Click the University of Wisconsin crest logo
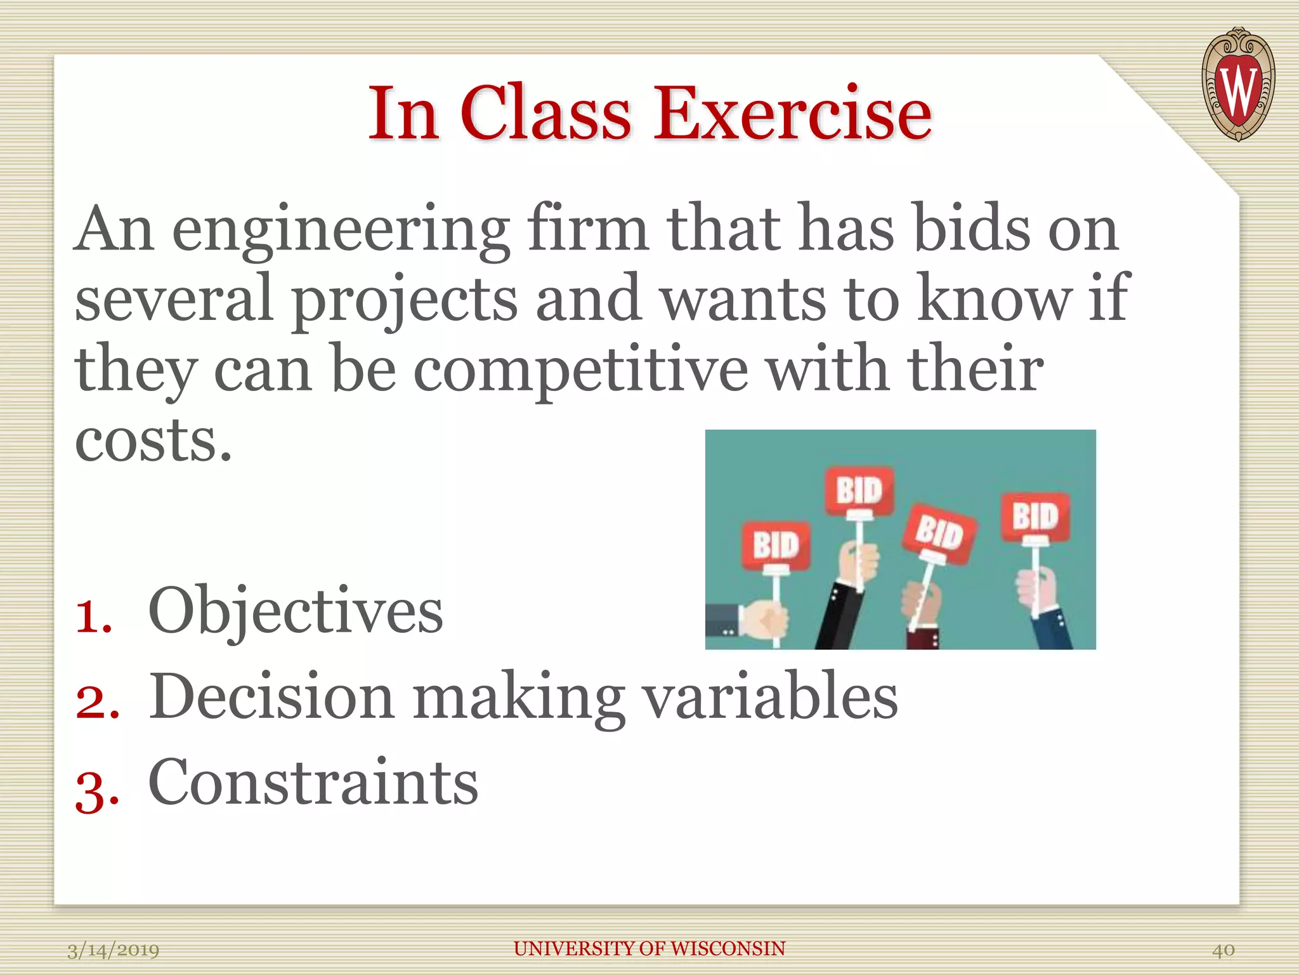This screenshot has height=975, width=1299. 1237,84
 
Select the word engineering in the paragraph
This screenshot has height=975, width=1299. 341,230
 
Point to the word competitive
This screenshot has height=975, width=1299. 580,370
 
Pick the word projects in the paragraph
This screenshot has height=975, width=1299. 404,300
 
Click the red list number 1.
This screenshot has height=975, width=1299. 93,615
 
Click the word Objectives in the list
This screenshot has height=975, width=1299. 295,611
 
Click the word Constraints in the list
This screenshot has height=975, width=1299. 313,782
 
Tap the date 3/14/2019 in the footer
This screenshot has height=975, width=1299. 113,950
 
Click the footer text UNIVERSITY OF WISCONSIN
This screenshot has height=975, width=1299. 649,948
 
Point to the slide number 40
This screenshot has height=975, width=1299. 1223,950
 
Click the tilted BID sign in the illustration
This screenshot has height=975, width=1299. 940,532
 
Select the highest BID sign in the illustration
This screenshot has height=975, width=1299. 859,490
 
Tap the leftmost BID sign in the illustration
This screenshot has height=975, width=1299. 776,545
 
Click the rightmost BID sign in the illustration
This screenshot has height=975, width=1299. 1035,516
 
